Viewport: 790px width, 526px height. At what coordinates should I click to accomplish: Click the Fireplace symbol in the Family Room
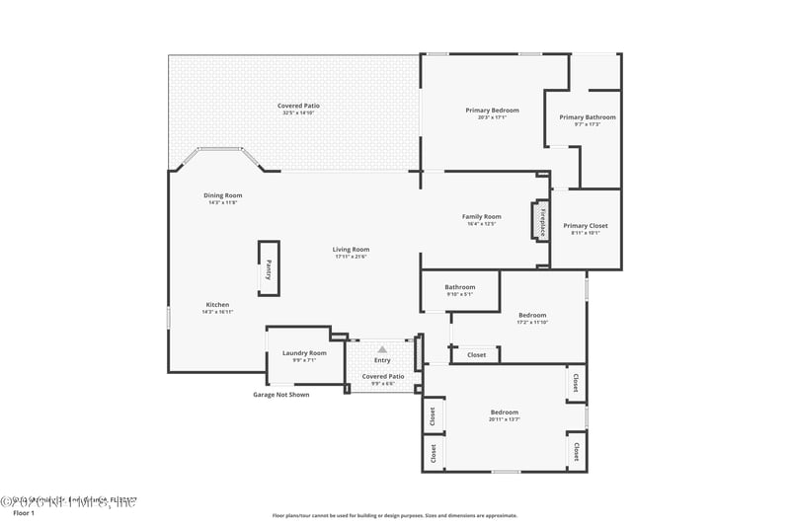pos(541,221)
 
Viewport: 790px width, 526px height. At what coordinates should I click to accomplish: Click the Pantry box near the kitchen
pos(268,268)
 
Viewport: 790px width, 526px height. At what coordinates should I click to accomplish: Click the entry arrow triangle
pos(382,348)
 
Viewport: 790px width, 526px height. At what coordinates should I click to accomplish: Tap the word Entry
pos(382,360)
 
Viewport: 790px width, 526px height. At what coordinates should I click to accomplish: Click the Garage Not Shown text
pos(280,395)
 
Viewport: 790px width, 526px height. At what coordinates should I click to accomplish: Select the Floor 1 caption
pos(23,513)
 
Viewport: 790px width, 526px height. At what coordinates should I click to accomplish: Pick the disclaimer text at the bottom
pos(394,515)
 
